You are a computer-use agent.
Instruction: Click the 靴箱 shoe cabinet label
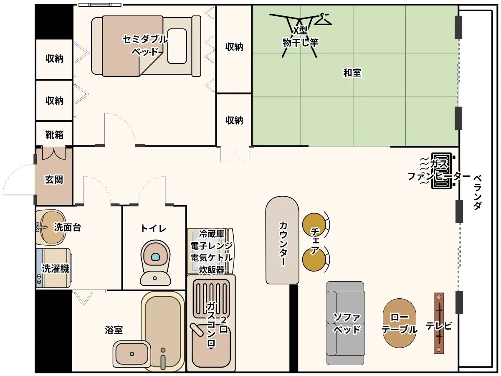pos(54,135)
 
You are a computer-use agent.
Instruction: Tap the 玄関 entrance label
pos(54,180)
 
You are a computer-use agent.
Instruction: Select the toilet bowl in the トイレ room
pos(155,262)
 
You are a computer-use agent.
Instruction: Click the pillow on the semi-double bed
pos(177,46)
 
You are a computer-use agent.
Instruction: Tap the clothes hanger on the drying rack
pos(323,20)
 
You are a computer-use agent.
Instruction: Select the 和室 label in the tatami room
pos(352,73)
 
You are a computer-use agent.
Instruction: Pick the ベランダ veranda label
pos(478,192)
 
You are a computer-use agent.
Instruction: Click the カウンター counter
pos(282,240)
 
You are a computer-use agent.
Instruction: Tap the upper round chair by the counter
pos(314,224)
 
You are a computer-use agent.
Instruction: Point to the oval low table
pos(399,323)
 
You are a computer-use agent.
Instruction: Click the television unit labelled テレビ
pos(439,323)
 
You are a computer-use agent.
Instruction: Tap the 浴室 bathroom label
pos(114,330)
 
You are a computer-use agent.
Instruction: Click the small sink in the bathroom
pos(132,353)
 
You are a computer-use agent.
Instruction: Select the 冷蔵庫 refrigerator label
pos(212,234)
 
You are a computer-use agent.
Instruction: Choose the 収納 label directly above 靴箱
pos(54,100)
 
